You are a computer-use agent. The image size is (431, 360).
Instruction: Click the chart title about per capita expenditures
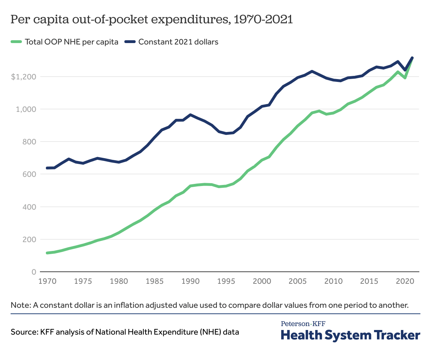click(x=152, y=20)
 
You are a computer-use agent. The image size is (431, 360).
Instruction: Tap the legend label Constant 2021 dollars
click(x=178, y=42)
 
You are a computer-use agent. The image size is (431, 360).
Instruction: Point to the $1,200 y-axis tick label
click(x=24, y=77)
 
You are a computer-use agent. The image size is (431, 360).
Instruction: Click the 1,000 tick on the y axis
click(x=26, y=109)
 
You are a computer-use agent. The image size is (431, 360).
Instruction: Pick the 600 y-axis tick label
click(x=30, y=174)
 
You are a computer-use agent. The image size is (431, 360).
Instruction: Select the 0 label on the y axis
click(x=34, y=272)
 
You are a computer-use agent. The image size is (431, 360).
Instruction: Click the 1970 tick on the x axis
click(x=47, y=281)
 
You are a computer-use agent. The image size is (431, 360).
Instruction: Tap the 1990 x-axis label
click(x=190, y=281)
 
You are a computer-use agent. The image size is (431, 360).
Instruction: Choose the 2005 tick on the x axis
click(x=298, y=281)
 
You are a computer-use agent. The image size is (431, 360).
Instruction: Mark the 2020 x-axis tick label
click(x=405, y=281)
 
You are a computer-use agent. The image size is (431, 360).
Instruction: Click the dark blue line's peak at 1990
click(x=190, y=115)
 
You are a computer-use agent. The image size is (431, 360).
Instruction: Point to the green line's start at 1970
click(x=47, y=253)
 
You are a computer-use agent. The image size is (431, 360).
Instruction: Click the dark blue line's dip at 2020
click(x=405, y=70)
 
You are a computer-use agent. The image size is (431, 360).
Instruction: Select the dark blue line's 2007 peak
click(x=312, y=71)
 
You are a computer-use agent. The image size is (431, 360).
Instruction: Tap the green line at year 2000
click(x=262, y=160)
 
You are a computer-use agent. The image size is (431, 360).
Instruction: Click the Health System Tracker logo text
click(x=350, y=335)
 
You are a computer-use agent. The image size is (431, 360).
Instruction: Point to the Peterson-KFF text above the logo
click(x=303, y=323)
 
